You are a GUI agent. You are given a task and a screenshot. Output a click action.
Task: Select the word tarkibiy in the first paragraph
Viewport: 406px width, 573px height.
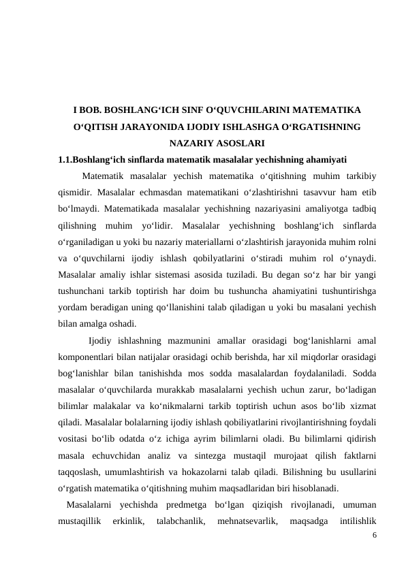(x=358, y=177)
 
